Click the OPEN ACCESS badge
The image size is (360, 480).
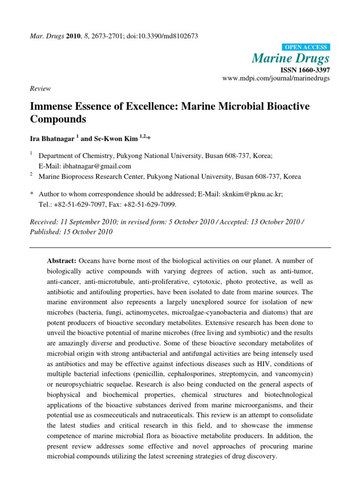(306, 47)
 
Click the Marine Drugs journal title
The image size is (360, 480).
(291, 58)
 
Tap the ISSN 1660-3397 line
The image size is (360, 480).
(305, 69)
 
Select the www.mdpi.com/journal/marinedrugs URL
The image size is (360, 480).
(276, 78)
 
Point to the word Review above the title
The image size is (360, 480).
(40, 89)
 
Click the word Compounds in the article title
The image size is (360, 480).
(58, 119)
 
